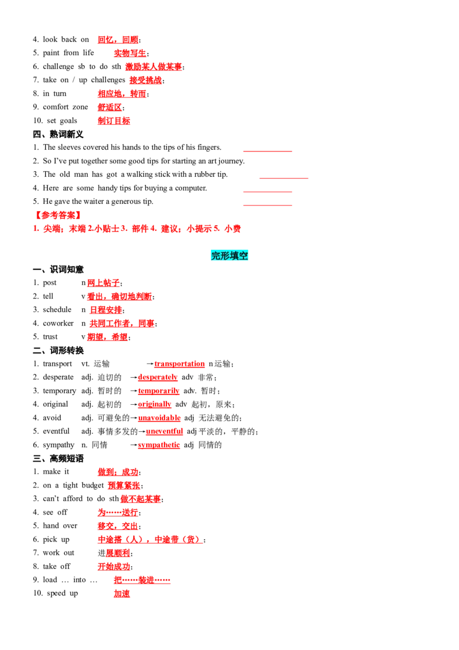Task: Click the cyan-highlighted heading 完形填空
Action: click(x=229, y=256)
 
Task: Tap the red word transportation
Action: click(x=180, y=363)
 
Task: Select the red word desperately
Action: click(x=157, y=377)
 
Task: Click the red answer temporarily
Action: click(x=159, y=391)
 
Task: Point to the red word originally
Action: click(x=154, y=404)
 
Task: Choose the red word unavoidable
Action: click(x=159, y=418)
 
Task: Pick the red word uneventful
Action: click(x=165, y=431)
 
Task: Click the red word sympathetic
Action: click(x=159, y=445)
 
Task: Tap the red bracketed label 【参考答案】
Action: click(x=57, y=215)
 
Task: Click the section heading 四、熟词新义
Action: click(x=58, y=134)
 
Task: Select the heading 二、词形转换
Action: click(x=58, y=350)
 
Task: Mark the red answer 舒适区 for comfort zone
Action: click(x=110, y=107)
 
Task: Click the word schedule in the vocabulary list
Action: click(x=57, y=309)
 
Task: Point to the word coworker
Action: click(x=58, y=323)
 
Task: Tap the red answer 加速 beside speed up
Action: click(x=122, y=594)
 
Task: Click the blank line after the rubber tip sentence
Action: click(x=284, y=178)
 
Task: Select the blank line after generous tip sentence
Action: click(x=267, y=205)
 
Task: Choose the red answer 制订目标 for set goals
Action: click(x=114, y=121)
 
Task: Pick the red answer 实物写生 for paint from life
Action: click(x=130, y=53)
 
